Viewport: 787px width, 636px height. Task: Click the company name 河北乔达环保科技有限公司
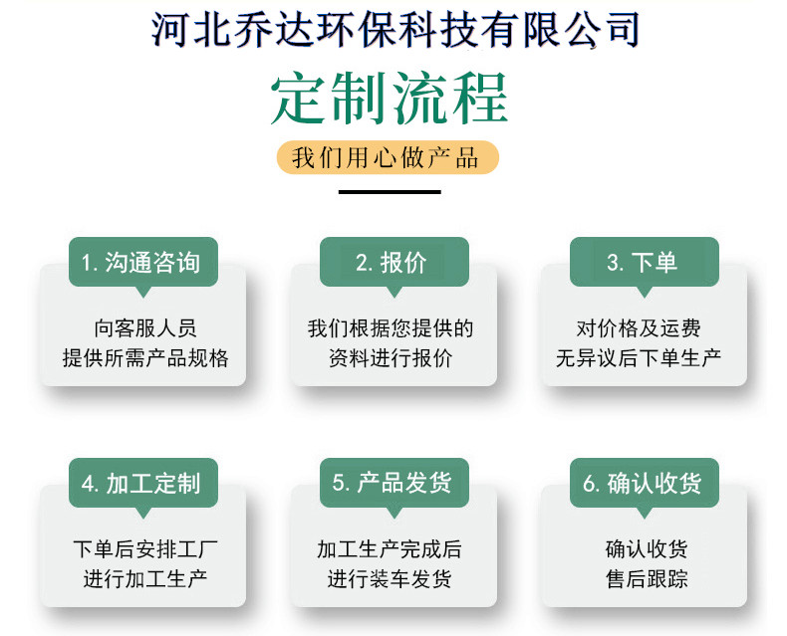395,29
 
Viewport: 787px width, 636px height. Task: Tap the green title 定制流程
390,98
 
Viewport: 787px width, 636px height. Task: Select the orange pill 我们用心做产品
388,157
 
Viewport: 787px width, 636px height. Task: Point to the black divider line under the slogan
390,192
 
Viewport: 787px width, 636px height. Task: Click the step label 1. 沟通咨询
141,263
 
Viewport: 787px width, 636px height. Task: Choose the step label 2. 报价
392,263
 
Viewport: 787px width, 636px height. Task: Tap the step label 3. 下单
642,263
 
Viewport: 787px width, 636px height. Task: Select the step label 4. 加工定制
141,484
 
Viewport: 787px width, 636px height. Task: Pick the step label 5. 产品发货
392,483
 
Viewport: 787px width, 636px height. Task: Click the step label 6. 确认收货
642,484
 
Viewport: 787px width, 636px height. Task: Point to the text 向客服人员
145,328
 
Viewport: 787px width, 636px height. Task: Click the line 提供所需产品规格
145,358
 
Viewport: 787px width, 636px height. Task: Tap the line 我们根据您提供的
391,328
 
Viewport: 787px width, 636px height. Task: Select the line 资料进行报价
391,358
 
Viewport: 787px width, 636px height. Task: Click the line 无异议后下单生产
639,358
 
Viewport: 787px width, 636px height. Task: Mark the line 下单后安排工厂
145,549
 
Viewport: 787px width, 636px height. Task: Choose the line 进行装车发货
390,579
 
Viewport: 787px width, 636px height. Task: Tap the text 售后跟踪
647,579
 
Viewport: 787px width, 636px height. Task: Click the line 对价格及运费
639,328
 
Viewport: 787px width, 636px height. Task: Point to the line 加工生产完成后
390,549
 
